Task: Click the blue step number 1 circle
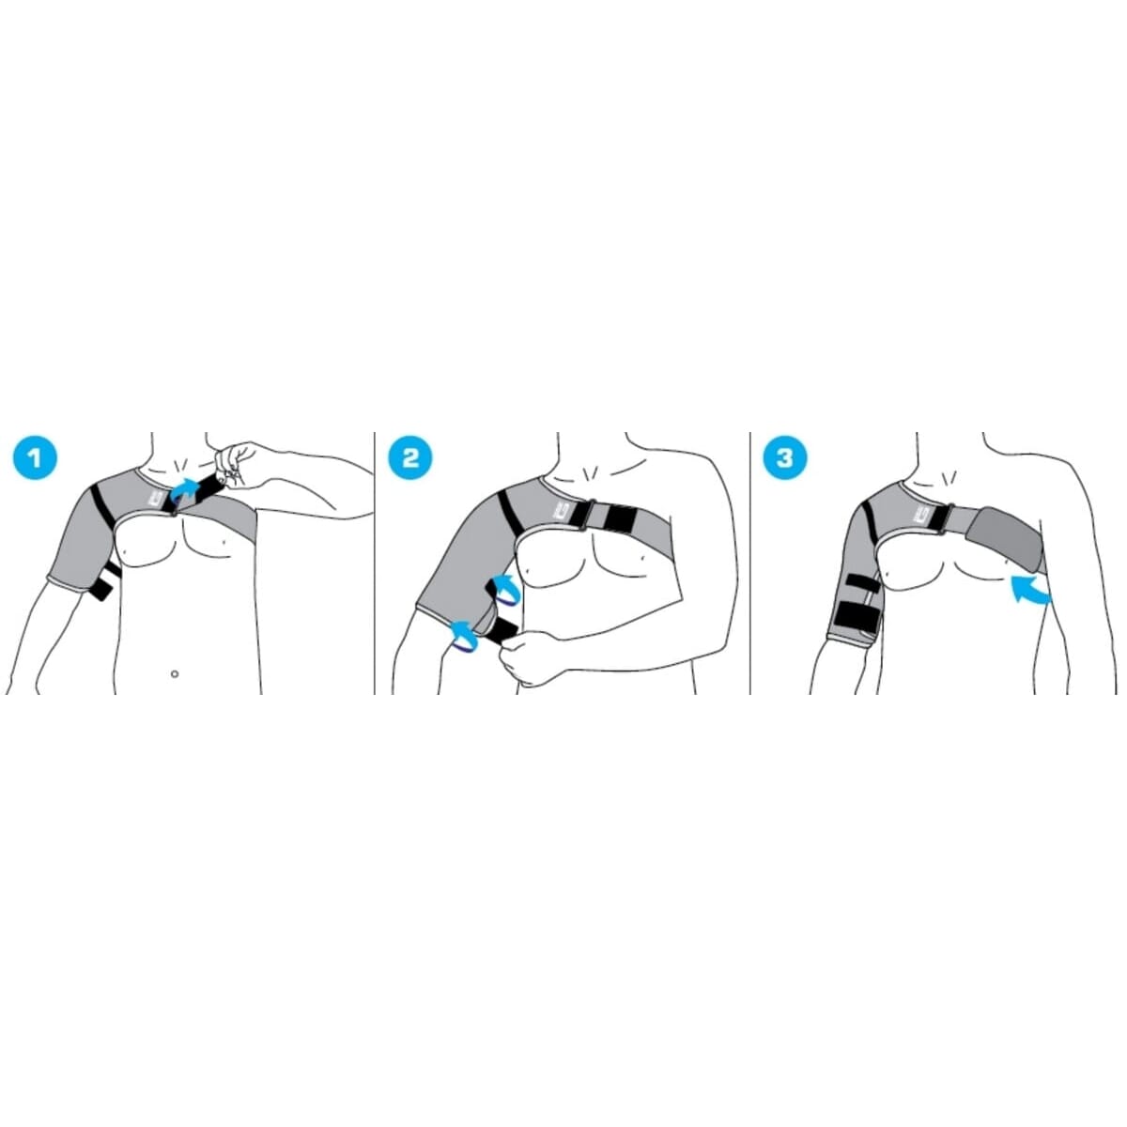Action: click(35, 458)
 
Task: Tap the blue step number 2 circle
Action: click(410, 458)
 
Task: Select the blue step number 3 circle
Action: click(784, 458)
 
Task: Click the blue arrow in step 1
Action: click(186, 486)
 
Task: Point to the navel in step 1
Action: click(175, 673)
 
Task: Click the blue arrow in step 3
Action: click(1029, 591)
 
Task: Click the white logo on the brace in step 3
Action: click(933, 509)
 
